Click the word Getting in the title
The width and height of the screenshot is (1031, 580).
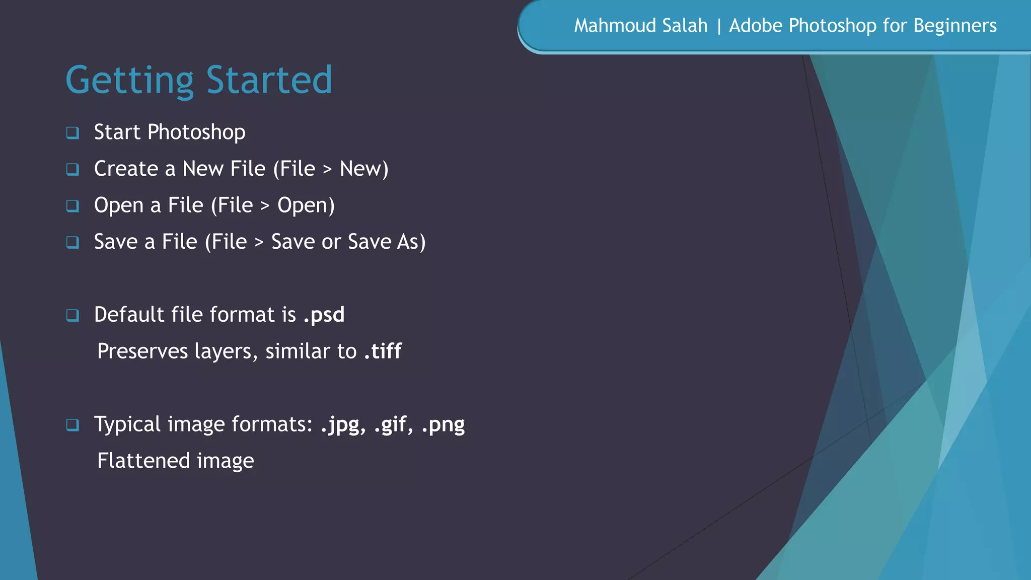[129, 81]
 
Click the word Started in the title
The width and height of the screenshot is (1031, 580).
[269, 81]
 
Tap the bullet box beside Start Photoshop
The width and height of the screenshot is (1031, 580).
[72, 133]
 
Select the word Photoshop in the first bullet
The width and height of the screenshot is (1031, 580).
[196, 132]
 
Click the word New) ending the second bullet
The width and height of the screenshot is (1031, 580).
[364, 169]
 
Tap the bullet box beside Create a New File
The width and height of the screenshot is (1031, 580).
[72, 169]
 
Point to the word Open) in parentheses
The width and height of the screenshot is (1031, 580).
[306, 205]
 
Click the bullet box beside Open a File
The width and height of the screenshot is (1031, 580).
[72, 206]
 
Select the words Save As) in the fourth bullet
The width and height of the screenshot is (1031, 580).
[387, 242]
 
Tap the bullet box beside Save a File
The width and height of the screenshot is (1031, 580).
[72, 243]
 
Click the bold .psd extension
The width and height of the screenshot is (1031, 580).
[324, 315]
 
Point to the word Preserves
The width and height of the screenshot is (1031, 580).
[142, 351]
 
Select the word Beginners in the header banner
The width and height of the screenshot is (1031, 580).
[955, 26]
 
